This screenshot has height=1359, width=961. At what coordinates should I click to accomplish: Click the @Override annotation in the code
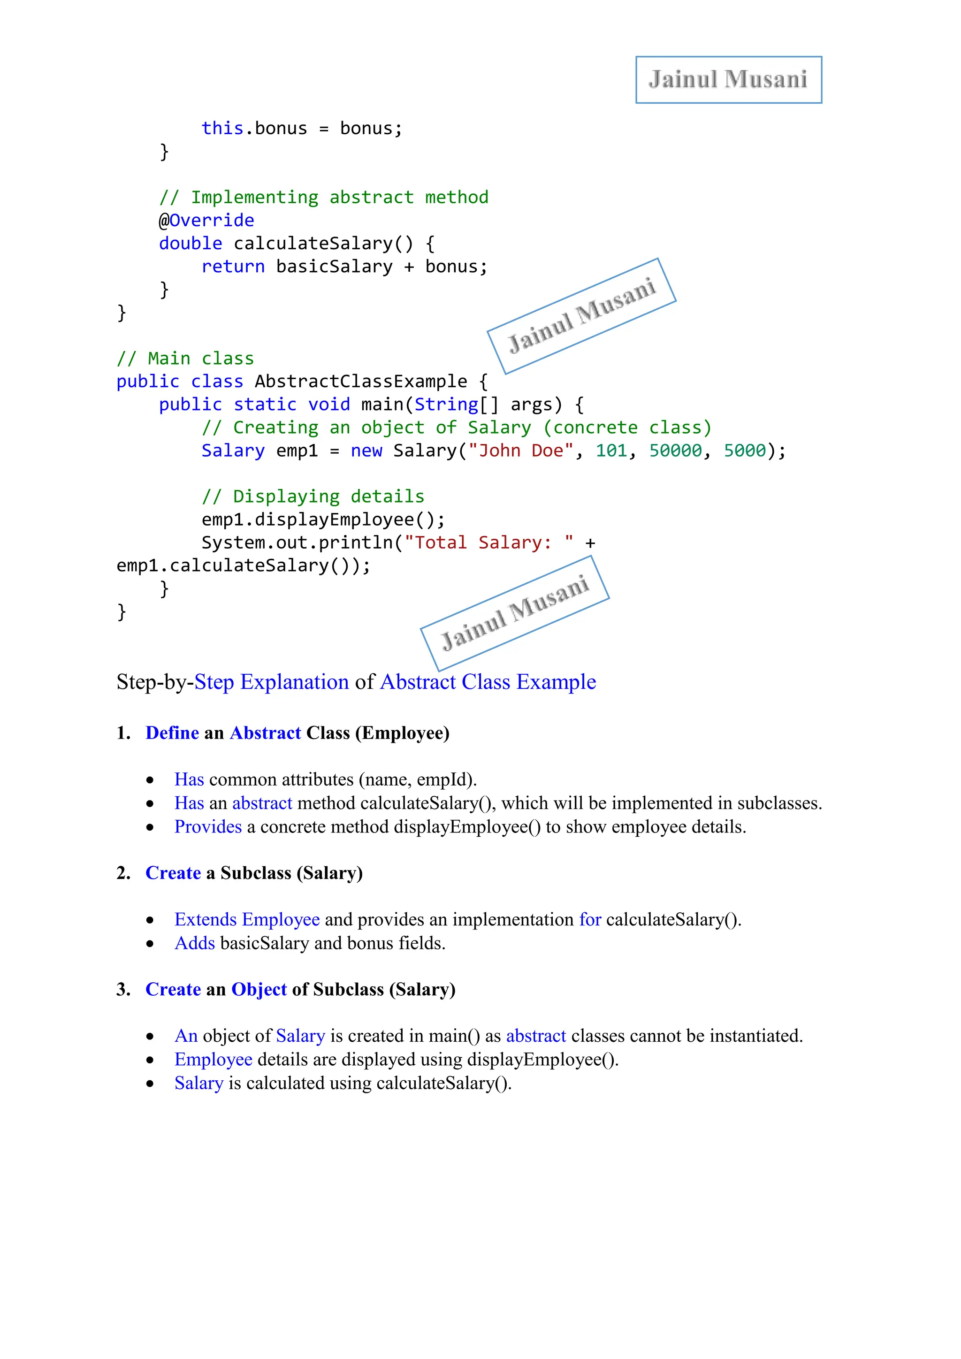pos(206,221)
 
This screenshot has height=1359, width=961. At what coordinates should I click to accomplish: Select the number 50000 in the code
pos(675,451)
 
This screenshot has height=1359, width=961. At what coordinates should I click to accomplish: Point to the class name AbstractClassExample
pos(360,382)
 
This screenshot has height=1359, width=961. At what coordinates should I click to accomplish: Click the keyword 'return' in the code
pos(233,267)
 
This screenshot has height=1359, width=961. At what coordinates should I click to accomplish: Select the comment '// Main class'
pos(185,359)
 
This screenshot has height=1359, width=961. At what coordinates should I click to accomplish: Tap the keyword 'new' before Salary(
pos(366,451)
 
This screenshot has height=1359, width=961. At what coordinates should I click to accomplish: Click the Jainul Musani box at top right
pos(728,80)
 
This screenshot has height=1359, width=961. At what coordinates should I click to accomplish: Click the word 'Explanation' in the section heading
pos(294,682)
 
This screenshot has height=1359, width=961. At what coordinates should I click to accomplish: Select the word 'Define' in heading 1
pos(172,733)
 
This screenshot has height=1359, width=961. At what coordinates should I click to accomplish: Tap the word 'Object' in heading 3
pos(259,990)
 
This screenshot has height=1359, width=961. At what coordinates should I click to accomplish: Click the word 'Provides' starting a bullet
pos(208,827)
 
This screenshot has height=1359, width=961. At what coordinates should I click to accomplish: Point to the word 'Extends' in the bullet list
pos(206,920)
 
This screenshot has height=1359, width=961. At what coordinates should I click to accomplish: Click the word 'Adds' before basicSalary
pos(195,944)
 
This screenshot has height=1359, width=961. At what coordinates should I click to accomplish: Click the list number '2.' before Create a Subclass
pos(123,874)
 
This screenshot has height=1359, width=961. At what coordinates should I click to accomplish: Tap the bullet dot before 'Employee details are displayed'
pos(150,1061)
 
